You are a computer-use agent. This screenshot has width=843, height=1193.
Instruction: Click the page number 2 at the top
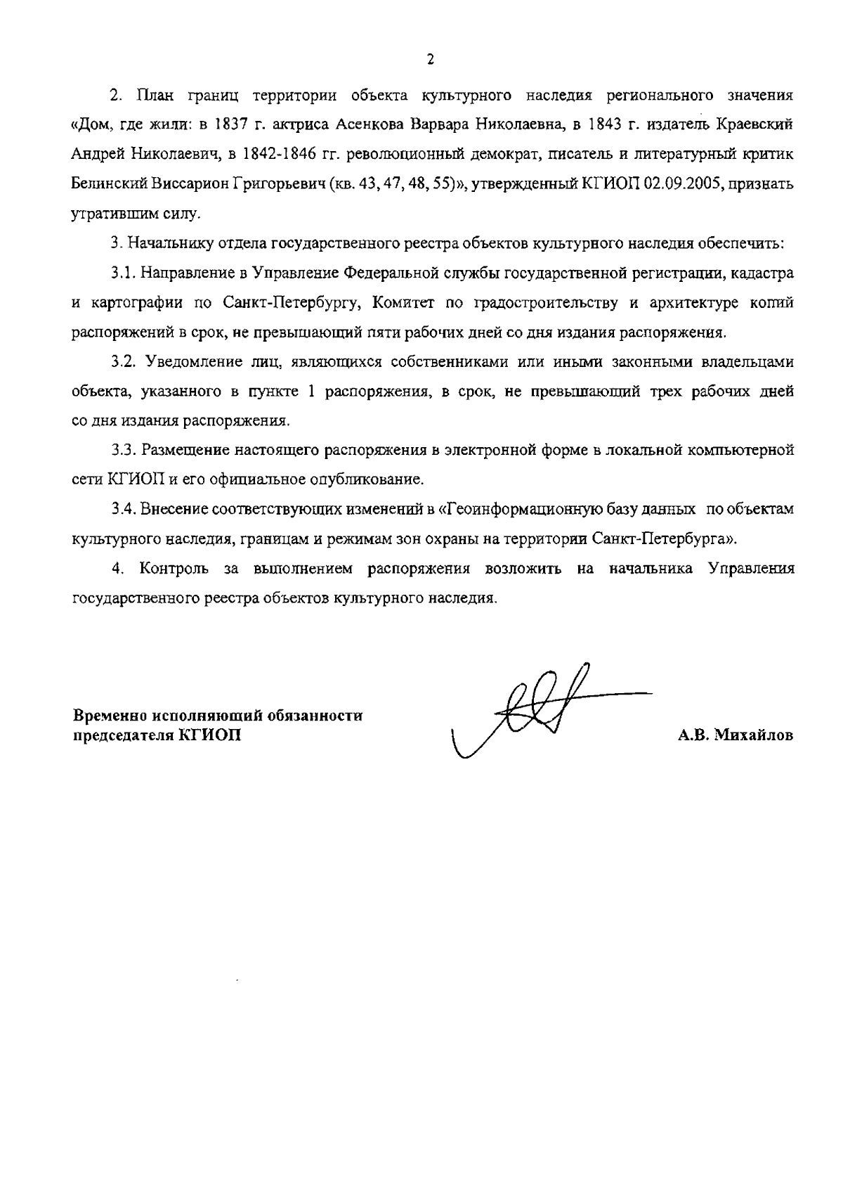coord(430,59)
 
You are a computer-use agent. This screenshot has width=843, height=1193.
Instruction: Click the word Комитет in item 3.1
coord(402,303)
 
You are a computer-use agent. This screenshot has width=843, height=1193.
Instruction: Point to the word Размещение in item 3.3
coord(185,450)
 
